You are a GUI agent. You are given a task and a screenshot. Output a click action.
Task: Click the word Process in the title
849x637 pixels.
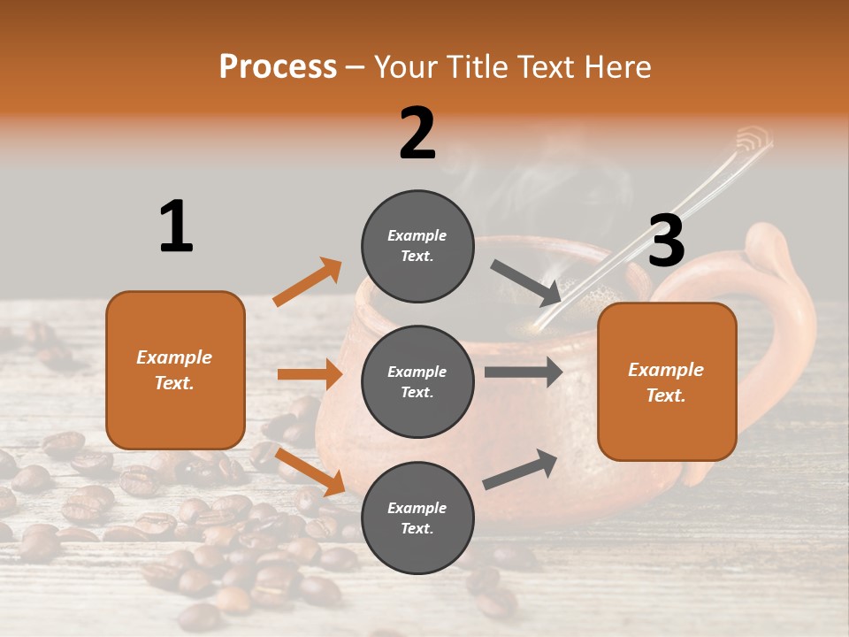point(278,67)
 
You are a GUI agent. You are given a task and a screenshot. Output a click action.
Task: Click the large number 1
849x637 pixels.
point(176,226)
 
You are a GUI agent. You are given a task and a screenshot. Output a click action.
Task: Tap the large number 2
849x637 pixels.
point(417,134)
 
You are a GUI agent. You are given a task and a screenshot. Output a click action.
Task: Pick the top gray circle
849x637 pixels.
point(418,246)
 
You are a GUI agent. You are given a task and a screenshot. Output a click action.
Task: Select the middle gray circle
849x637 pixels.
point(418,381)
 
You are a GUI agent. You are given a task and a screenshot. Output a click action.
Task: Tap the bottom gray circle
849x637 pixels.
point(418,518)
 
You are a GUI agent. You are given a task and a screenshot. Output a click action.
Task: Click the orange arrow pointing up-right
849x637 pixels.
point(307,282)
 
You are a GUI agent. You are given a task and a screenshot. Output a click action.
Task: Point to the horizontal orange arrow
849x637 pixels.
point(310,374)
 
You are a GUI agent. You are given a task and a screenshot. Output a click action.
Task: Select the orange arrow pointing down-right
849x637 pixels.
point(310,472)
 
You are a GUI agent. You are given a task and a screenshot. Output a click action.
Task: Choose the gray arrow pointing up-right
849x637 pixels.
point(520,469)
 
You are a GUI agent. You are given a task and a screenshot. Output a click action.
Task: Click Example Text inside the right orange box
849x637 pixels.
point(666,382)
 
